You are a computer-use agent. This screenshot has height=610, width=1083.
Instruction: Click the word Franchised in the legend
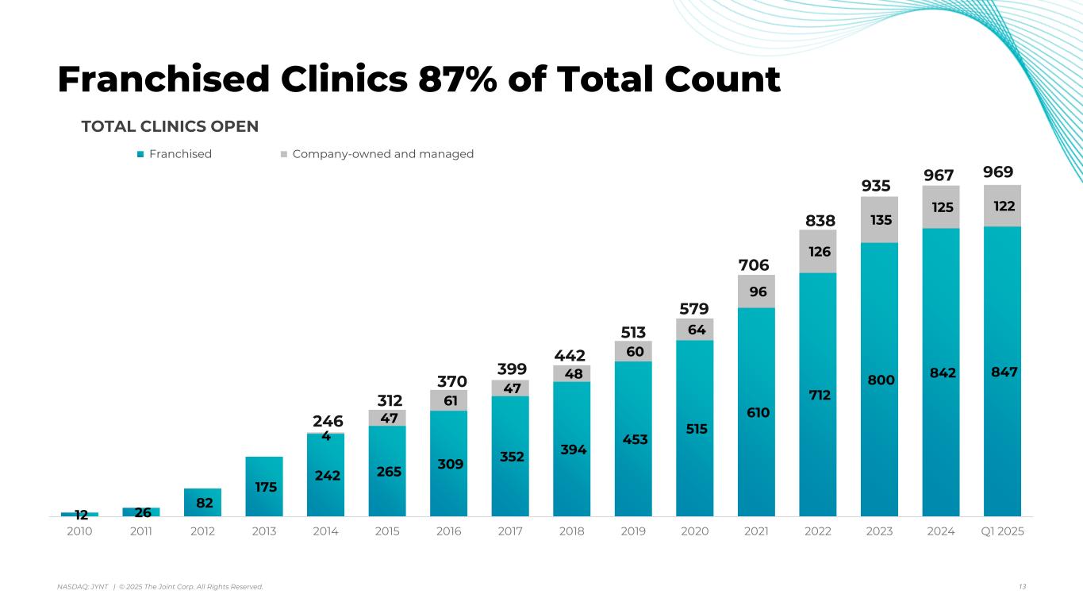pyautogui.click(x=180, y=154)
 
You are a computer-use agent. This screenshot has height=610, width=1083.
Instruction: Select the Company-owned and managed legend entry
pyautogui.click(x=382, y=154)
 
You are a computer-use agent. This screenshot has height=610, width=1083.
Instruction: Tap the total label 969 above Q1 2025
pyautogui.click(x=1002, y=172)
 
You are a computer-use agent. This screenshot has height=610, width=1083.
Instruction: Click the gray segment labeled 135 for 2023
pyautogui.click(x=879, y=219)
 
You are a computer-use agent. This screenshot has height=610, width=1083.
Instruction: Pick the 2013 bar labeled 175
pyautogui.click(x=265, y=487)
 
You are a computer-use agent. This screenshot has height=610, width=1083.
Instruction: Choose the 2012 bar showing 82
pyautogui.click(x=202, y=502)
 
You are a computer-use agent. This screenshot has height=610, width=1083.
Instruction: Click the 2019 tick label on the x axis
pyautogui.click(x=632, y=531)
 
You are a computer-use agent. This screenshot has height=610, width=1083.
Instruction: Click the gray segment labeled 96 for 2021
pyautogui.click(x=756, y=291)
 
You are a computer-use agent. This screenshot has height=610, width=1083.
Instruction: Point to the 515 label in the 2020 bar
pyautogui.click(x=694, y=428)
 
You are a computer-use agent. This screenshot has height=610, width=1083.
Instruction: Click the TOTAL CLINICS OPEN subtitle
pyautogui.click(x=170, y=127)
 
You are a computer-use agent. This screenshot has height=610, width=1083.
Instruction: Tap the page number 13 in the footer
pyautogui.click(x=1022, y=586)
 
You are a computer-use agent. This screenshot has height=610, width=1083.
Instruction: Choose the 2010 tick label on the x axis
pyautogui.click(x=79, y=531)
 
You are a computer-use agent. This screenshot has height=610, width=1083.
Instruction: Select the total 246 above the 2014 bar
pyautogui.click(x=326, y=422)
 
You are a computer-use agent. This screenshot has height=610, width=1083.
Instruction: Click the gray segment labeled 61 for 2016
pyautogui.click(x=448, y=400)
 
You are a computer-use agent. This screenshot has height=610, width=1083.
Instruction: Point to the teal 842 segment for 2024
pyautogui.click(x=940, y=372)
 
